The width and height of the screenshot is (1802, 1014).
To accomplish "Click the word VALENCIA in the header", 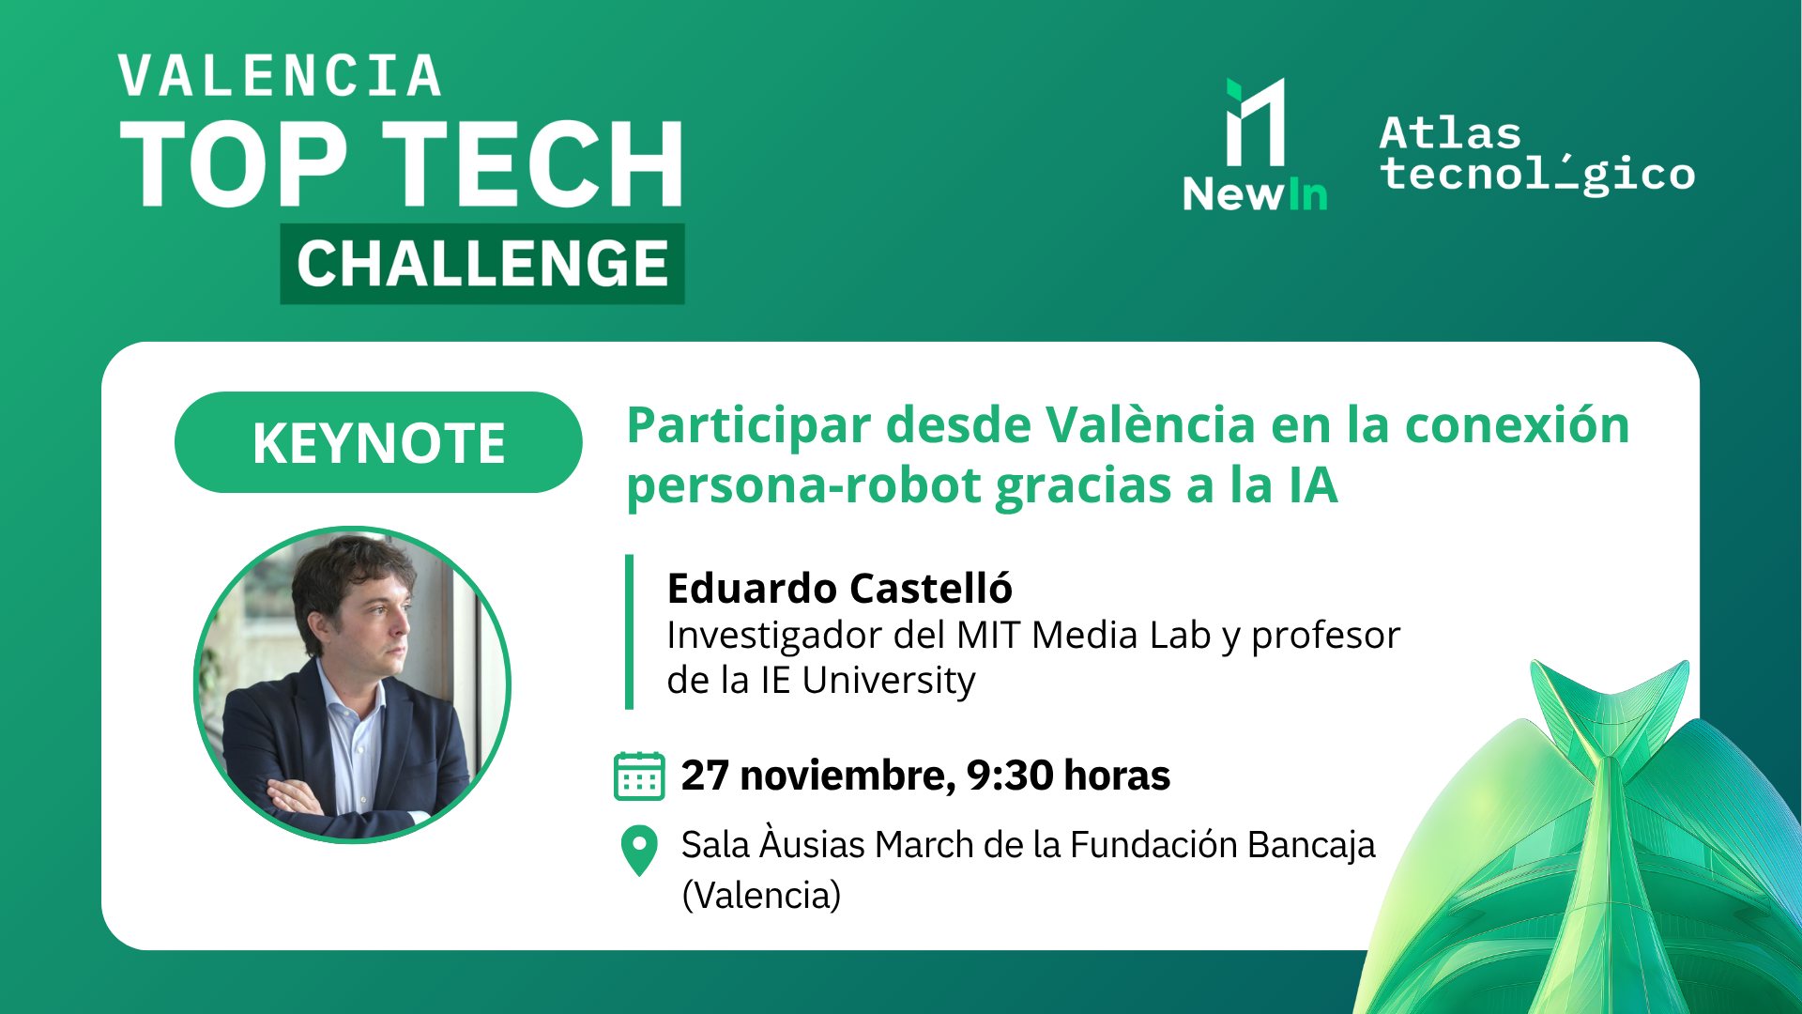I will pyautogui.click(x=280, y=77).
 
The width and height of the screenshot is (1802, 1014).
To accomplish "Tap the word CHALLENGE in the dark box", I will pyautogui.click(x=482, y=264).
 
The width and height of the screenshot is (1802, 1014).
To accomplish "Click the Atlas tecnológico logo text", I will pyautogui.click(x=1537, y=155).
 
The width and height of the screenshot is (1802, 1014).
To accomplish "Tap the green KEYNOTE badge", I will pyautogui.click(x=378, y=442).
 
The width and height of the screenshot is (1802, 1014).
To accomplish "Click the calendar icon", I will pyautogui.click(x=639, y=776).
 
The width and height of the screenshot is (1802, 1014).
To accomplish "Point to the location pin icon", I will pyautogui.click(x=639, y=850).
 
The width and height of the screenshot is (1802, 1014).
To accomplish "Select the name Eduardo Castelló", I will pyautogui.click(x=839, y=589).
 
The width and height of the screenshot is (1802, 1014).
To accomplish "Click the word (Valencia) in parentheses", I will pyautogui.click(x=761, y=895).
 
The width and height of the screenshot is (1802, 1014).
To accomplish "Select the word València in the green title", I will pyautogui.click(x=1150, y=424).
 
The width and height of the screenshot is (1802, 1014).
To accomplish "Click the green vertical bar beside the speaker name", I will pyautogui.click(x=629, y=632).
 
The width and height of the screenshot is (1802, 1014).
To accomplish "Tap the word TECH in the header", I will pyautogui.click(x=533, y=164).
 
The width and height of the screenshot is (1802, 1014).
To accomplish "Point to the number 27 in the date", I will pyautogui.click(x=705, y=776).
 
